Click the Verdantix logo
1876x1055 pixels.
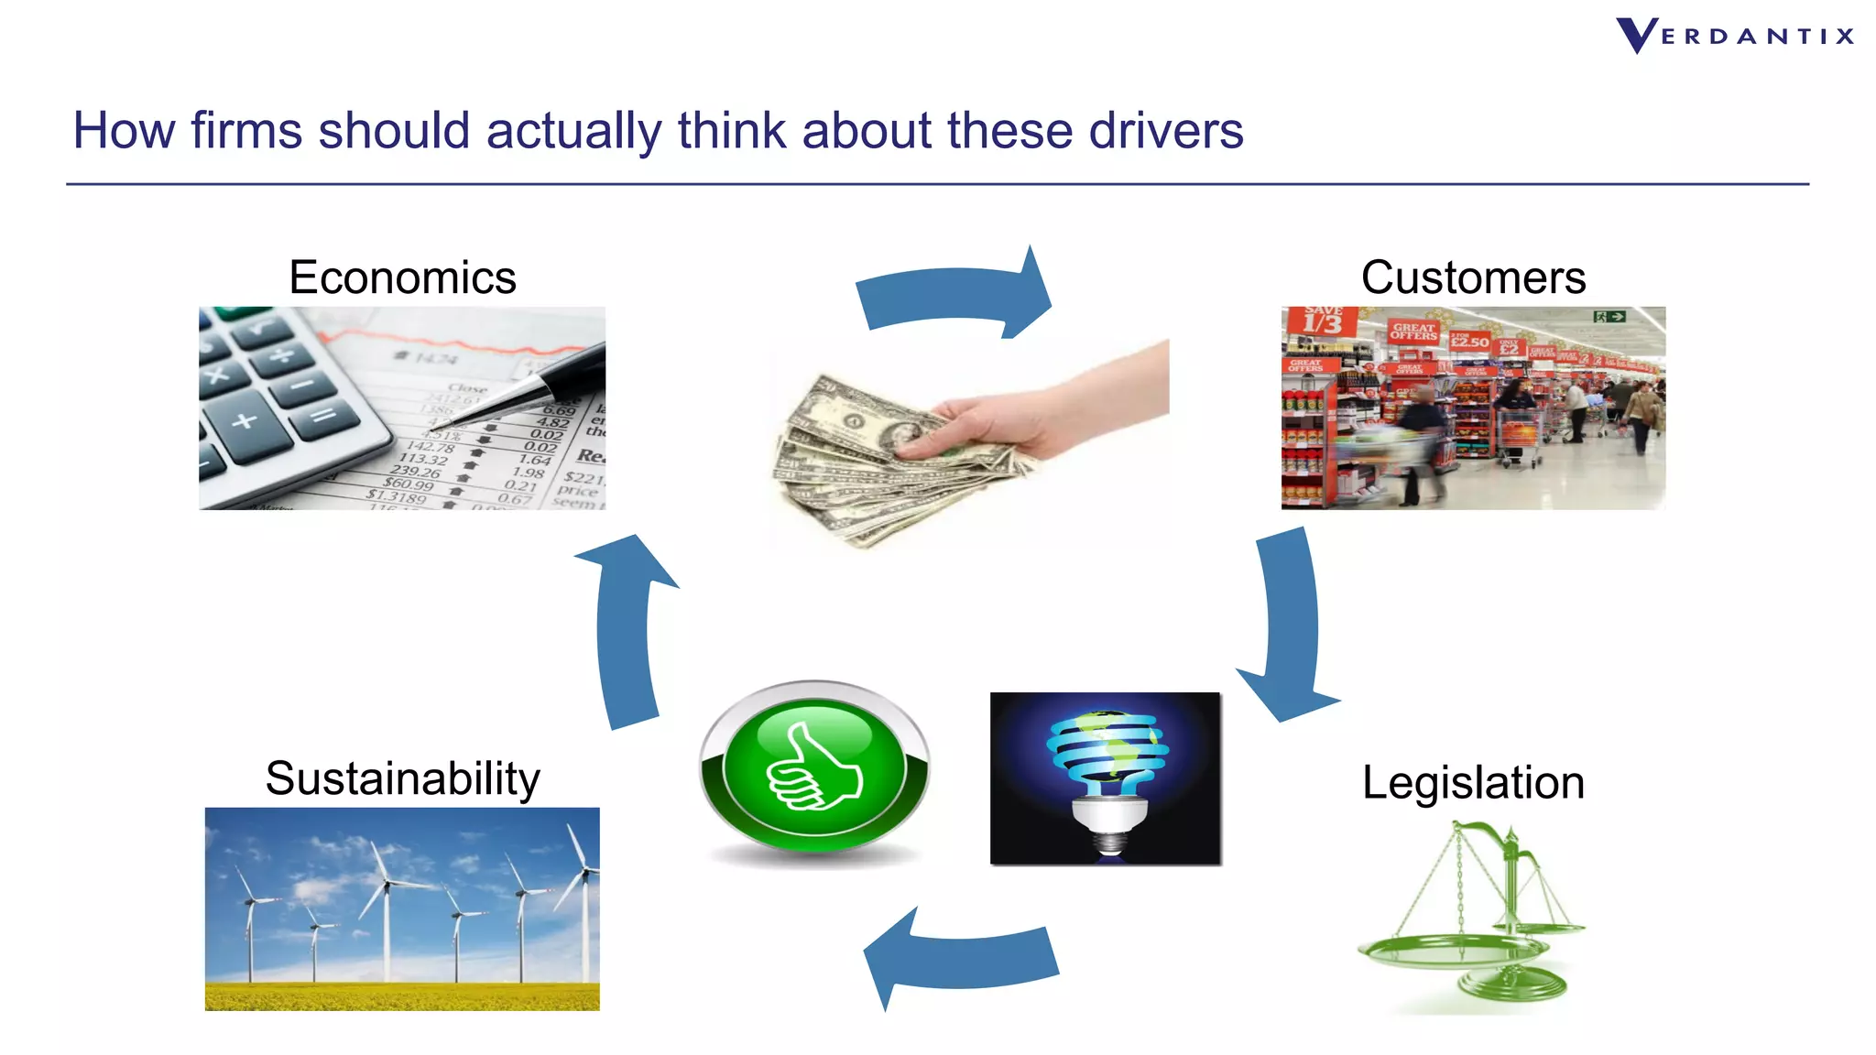(x=1734, y=37)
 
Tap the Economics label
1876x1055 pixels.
(x=402, y=277)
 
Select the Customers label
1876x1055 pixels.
(x=1473, y=277)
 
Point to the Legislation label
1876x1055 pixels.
(x=1473, y=783)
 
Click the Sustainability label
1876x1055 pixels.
(x=402, y=778)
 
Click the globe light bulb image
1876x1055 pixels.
(x=1106, y=778)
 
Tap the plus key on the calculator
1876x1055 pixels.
(x=244, y=422)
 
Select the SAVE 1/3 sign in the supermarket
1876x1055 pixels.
(x=1321, y=321)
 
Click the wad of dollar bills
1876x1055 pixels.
(x=879, y=458)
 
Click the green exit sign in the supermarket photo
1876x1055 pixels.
(x=1609, y=317)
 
